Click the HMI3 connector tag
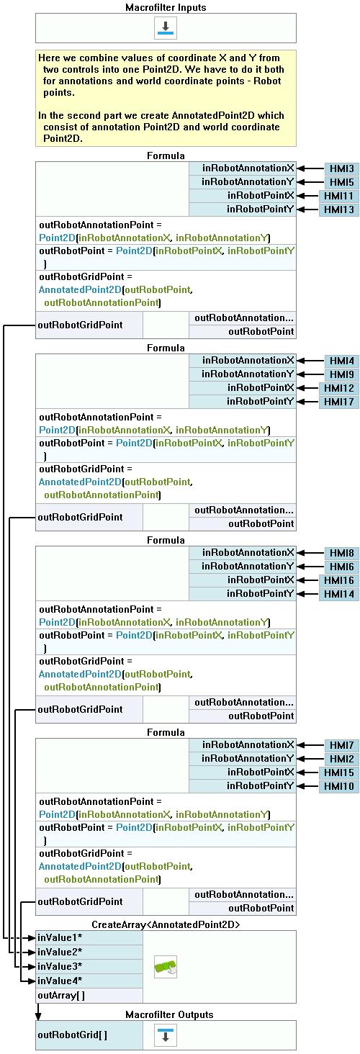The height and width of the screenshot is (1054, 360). (x=342, y=168)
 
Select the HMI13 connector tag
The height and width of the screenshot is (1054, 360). (x=339, y=210)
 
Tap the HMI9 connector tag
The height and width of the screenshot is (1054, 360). (x=342, y=374)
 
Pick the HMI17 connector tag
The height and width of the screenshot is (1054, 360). (x=339, y=402)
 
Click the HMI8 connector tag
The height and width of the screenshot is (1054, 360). (x=342, y=553)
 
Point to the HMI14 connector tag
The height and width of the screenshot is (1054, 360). (x=339, y=594)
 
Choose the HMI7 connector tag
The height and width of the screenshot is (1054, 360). (x=342, y=745)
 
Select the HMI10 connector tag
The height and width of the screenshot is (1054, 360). (x=339, y=786)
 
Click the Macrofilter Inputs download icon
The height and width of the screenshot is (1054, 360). (x=166, y=28)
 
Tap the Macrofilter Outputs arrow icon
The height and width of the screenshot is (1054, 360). (x=166, y=1036)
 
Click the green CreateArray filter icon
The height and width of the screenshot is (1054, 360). (x=166, y=966)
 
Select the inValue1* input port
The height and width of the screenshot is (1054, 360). (x=89, y=937)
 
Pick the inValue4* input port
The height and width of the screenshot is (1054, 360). (x=89, y=981)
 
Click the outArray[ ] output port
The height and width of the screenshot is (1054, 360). (x=89, y=995)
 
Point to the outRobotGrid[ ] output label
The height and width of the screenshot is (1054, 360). (x=73, y=1035)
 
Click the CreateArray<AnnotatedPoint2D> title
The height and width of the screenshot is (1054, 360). (x=166, y=924)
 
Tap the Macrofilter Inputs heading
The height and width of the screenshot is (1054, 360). (x=166, y=7)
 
